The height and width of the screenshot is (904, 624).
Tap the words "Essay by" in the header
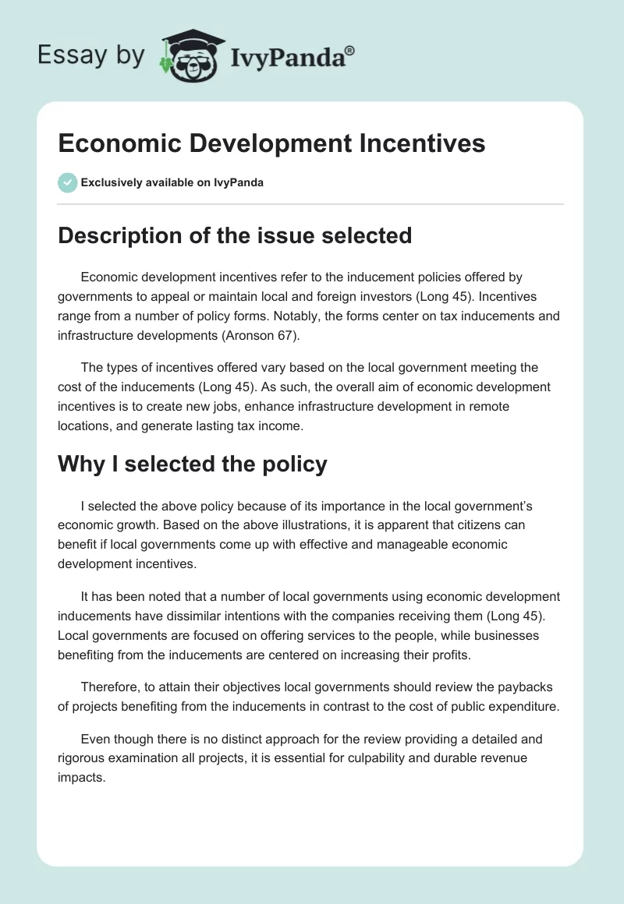pos(90,55)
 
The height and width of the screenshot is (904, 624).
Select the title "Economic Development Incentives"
pos(271,143)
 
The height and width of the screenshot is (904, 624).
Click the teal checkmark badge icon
pos(67,182)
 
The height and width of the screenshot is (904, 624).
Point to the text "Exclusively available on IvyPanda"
pos(172,182)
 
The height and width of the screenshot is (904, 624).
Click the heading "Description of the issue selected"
pos(235,235)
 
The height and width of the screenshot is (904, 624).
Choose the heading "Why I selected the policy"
pos(193,464)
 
